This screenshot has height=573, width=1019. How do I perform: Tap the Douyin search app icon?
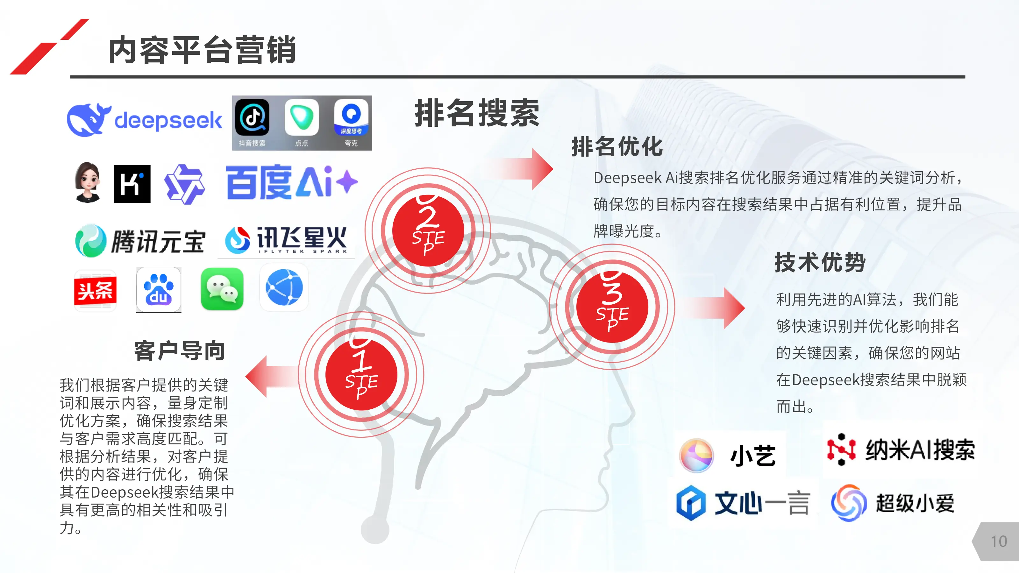coord(252,117)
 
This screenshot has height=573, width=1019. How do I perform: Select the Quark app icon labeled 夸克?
coord(351,117)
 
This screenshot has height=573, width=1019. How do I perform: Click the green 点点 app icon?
coord(302,117)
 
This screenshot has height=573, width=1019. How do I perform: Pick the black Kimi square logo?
coord(132,184)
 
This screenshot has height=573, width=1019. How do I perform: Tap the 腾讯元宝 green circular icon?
coord(90,240)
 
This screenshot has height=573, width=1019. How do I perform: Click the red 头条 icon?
coord(95,291)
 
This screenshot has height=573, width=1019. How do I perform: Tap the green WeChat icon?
coord(222,289)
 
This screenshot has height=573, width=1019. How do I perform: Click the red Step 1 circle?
coord(361,374)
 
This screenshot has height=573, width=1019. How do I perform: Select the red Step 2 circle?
coord(428,230)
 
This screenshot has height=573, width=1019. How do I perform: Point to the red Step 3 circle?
coord(612,307)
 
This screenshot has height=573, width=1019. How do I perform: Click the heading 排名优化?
coord(617,147)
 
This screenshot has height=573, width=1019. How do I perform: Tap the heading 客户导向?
coord(180,350)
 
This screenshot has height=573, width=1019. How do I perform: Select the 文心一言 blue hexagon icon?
coord(691,503)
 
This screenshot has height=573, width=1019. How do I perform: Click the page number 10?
coord(998,541)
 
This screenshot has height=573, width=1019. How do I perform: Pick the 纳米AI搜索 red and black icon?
coord(841,449)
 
